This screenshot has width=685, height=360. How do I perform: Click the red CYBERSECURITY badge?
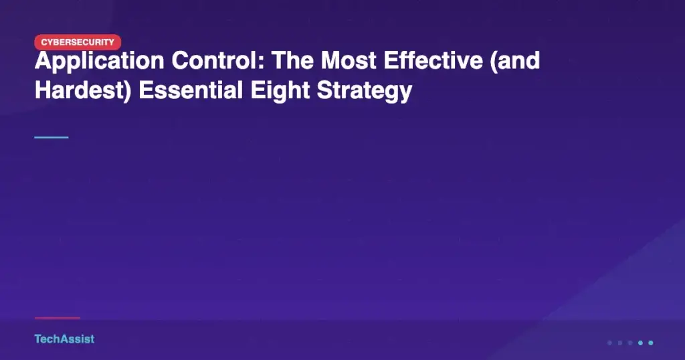(x=78, y=42)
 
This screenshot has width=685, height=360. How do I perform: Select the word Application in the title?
(x=100, y=62)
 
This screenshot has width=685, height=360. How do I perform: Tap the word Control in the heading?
(x=218, y=60)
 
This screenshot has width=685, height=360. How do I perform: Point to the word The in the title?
(x=293, y=60)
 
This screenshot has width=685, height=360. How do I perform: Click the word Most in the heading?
(x=349, y=61)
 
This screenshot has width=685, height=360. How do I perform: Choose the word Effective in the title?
(x=433, y=60)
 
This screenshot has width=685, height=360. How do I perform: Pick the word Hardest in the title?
(x=80, y=90)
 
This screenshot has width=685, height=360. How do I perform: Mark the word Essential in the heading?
(x=191, y=90)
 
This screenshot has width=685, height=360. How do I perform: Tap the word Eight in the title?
(x=280, y=92)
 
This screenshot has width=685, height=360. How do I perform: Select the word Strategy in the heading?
(x=365, y=92)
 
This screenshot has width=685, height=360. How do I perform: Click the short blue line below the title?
(x=52, y=137)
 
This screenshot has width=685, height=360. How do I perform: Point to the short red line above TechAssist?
(x=58, y=318)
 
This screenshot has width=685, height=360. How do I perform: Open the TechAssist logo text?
(x=64, y=339)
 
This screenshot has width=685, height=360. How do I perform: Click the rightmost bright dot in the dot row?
(x=650, y=343)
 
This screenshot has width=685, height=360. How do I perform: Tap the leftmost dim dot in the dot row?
(x=610, y=343)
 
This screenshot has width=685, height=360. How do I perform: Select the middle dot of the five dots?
(x=630, y=343)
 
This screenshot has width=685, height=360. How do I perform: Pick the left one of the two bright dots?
(x=640, y=343)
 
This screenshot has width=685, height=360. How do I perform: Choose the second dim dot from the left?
(x=620, y=343)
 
